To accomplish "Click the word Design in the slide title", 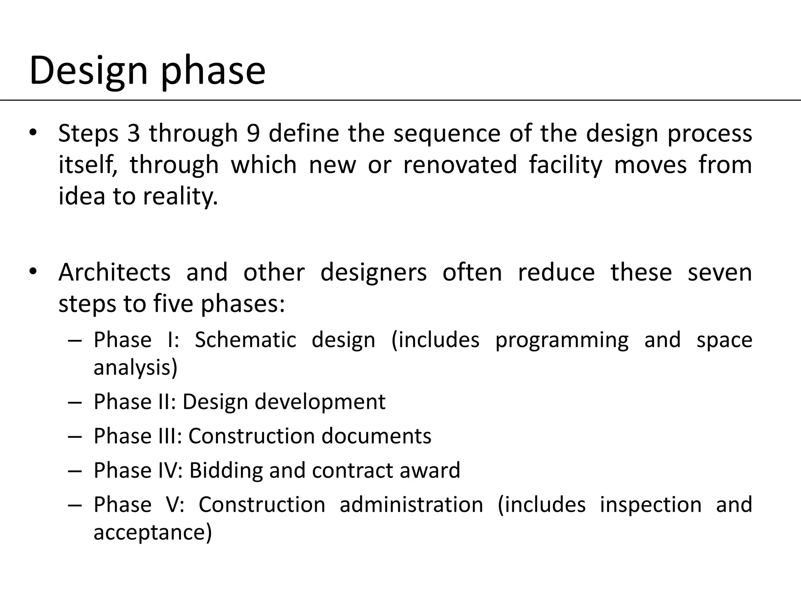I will pyautogui.click(x=88, y=71).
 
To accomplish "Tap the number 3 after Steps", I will pyautogui.click(x=133, y=133).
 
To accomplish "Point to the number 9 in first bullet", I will pyautogui.click(x=253, y=133).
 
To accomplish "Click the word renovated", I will pyautogui.click(x=460, y=164).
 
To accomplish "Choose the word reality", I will pyautogui.click(x=180, y=196).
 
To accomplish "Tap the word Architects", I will pyautogui.click(x=114, y=272).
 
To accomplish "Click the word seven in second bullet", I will pyautogui.click(x=720, y=272).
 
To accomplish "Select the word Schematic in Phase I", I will pyautogui.click(x=245, y=340).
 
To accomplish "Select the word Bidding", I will pyautogui.click(x=226, y=470).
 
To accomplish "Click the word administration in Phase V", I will pyautogui.click(x=411, y=505).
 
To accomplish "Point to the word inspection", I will pyautogui.click(x=650, y=505).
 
